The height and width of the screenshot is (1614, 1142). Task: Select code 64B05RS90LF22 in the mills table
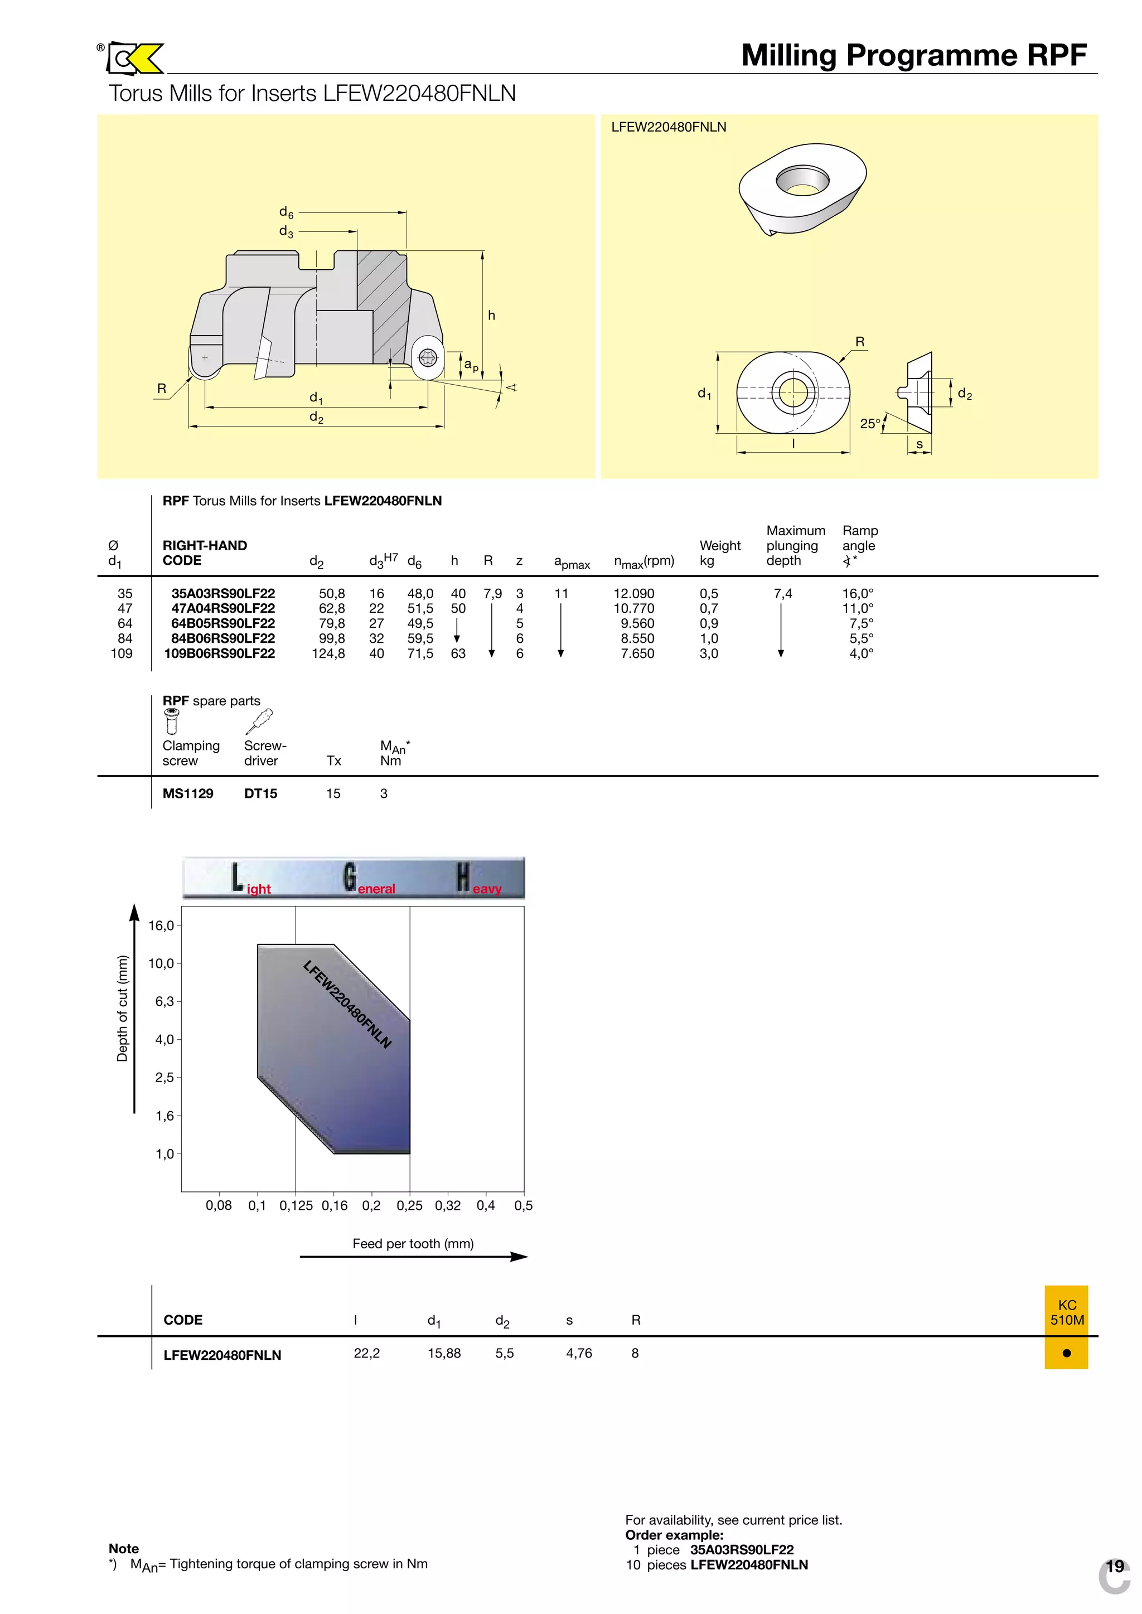223,623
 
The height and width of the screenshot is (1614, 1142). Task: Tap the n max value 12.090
633,593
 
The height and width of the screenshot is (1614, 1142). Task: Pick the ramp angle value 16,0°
858,593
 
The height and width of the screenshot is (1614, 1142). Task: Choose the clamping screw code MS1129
188,794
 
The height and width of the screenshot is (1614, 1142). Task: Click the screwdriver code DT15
261,794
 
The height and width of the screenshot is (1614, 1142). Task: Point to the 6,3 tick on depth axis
164,1001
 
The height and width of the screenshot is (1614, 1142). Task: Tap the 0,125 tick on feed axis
296,1205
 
